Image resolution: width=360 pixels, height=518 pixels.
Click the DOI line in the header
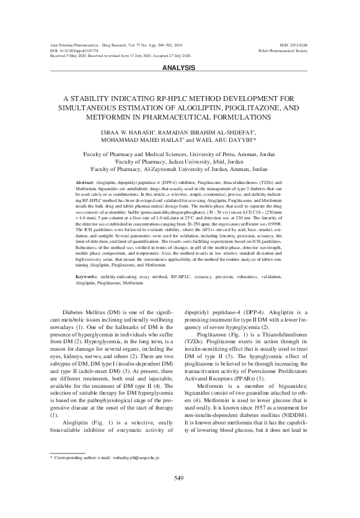coord(72,51)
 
